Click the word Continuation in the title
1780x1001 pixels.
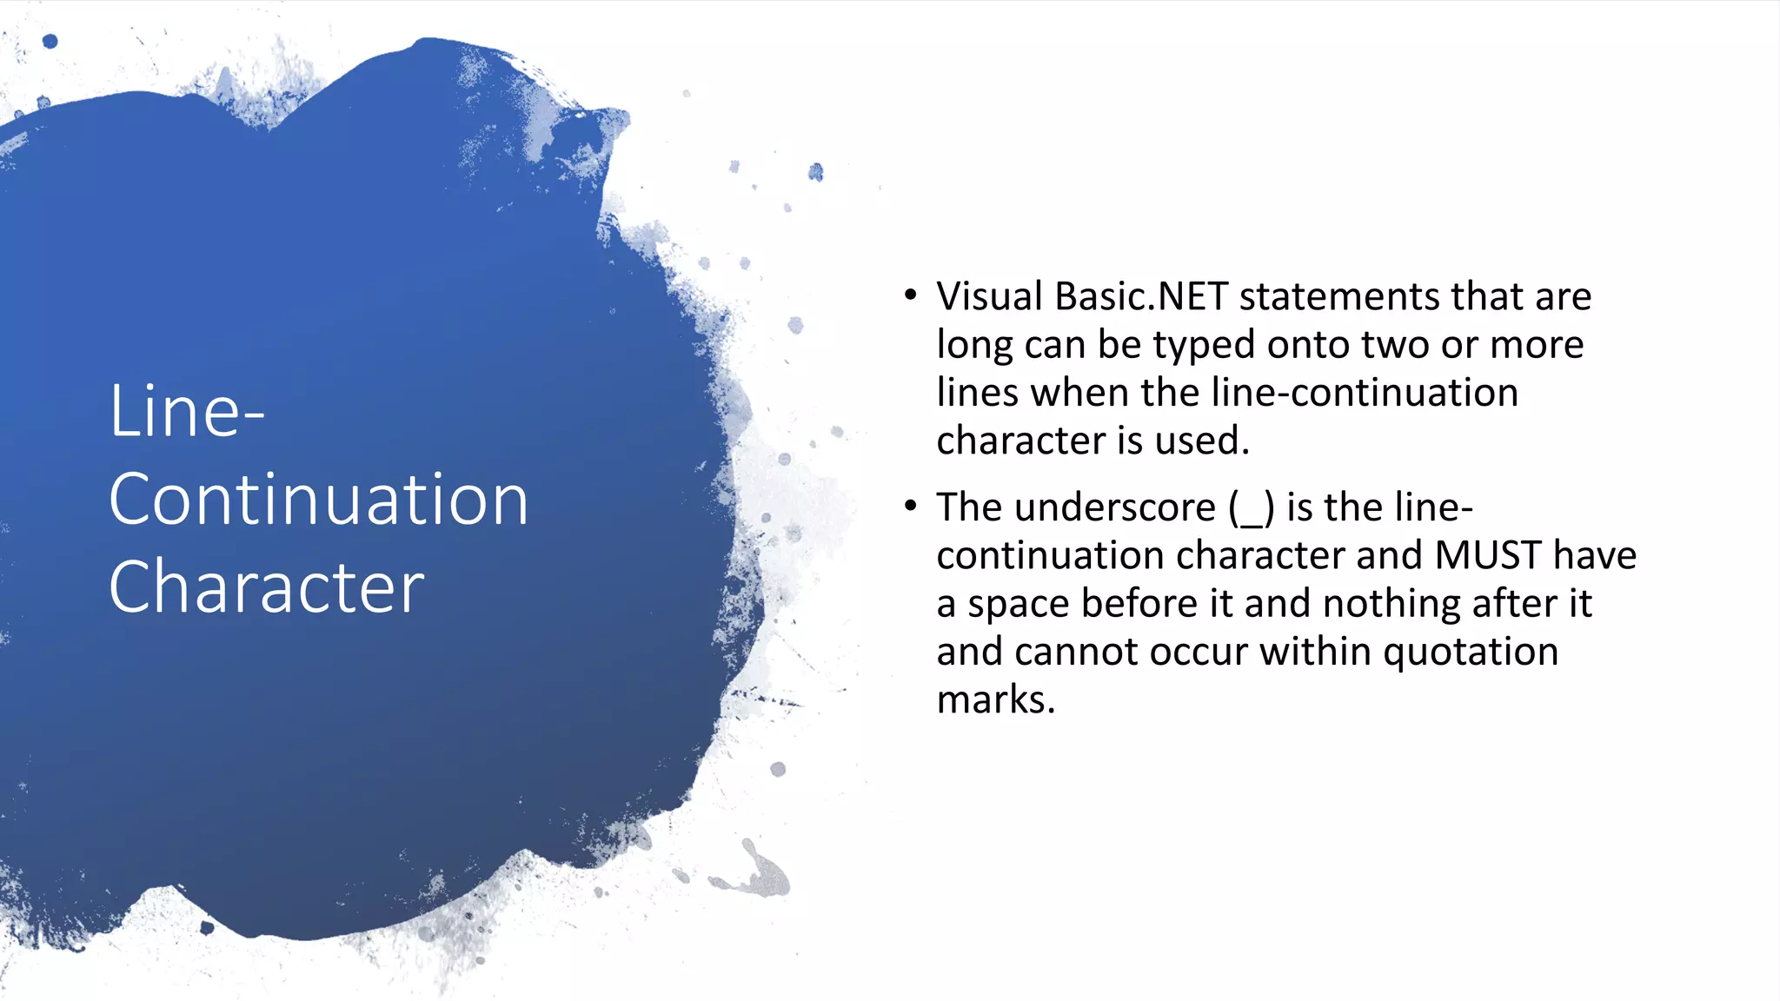(x=318, y=500)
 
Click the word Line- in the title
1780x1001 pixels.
(x=186, y=412)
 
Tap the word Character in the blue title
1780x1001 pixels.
(x=266, y=588)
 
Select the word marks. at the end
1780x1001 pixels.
(x=995, y=700)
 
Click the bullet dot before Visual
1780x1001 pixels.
(x=910, y=295)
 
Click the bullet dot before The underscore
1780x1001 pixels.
(x=910, y=506)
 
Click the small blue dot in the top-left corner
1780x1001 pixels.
(x=50, y=41)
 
